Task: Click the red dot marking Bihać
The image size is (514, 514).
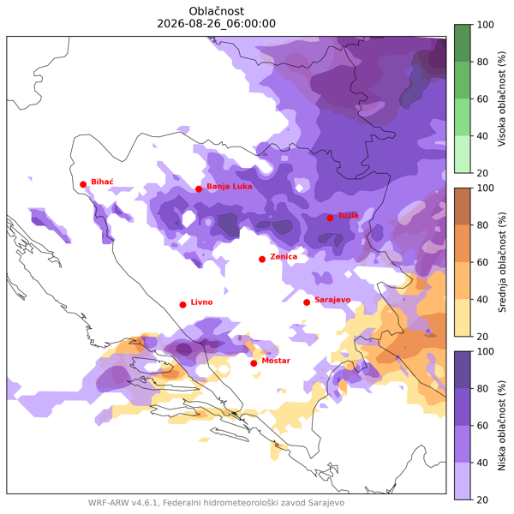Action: [83, 184]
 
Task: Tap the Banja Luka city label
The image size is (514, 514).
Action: [229, 187]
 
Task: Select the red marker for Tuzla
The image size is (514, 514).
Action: [330, 218]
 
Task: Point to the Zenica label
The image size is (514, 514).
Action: [284, 257]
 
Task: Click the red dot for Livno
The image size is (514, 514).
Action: [183, 305]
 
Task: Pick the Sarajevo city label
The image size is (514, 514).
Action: [332, 300]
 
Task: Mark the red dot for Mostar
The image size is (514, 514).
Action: [254, 363]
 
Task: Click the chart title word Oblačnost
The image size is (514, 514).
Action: [217, 11]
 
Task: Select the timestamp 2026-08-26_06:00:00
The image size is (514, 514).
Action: [217, 24]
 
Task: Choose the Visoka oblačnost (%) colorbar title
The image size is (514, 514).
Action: [502, 99]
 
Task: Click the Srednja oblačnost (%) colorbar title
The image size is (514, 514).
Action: [502, 262]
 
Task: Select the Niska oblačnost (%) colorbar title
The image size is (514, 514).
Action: [502, 426]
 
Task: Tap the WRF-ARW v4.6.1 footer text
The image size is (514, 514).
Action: [123, 503]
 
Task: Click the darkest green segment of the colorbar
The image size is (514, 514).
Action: [463, 43]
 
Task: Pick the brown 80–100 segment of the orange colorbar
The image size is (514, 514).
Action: [463, 206]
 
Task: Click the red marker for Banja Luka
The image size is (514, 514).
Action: [199, 189]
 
